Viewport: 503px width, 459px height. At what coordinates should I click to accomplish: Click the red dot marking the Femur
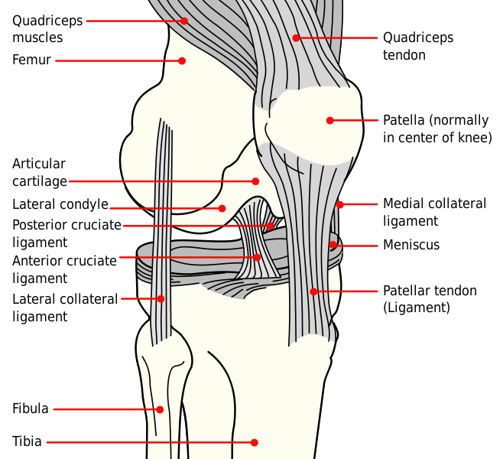182,60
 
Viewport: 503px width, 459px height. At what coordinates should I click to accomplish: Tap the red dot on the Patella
329,120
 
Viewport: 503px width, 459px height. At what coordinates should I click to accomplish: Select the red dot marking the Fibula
160,409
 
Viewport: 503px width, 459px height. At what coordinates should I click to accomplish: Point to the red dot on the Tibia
254,443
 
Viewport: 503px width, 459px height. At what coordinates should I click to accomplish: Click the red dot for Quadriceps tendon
296,38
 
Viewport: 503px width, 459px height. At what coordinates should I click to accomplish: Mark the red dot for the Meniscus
333,245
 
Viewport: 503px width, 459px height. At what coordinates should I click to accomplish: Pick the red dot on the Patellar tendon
313,291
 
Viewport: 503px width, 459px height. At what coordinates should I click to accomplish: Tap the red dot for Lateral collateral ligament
161,299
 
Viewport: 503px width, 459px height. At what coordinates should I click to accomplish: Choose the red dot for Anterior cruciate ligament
257,257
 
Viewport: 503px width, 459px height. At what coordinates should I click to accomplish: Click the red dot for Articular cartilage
255,181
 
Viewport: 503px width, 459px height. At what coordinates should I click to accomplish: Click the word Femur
31,60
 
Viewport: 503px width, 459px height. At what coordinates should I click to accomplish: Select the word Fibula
30,409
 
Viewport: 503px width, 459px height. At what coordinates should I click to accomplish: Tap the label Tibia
27,441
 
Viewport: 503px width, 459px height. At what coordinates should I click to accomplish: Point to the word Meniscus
411,245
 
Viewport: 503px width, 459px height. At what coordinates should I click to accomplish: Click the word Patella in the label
404,120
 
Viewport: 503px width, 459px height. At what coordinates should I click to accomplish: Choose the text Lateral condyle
60,204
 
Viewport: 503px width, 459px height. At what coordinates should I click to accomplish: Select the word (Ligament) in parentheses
417,308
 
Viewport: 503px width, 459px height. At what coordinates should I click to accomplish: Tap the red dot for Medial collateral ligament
339,204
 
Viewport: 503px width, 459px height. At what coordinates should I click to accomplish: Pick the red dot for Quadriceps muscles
183,21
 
